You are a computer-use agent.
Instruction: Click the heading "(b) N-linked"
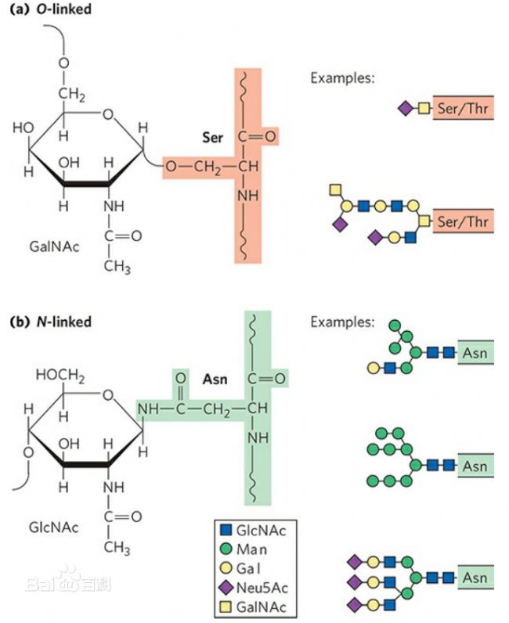tap(49, 322)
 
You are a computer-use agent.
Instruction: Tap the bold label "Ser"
tap(211, 138)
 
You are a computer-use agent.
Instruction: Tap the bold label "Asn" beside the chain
tap(215, 380)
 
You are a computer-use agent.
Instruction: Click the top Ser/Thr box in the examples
tap(463, 108)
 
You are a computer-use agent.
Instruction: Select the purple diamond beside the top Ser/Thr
tap(406, 108)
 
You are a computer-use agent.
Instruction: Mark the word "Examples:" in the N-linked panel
tap(342, 322)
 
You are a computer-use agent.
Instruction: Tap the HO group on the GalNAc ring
tap(23, 128)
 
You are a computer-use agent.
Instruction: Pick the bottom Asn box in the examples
tap(475, 578)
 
